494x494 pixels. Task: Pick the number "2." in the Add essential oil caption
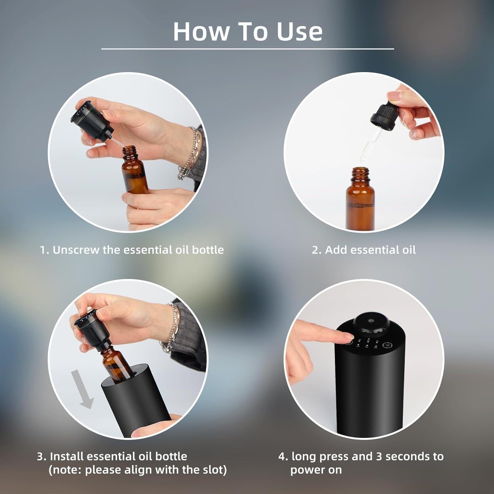tap(316, 250)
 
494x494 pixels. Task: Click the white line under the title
tap(248, 49)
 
